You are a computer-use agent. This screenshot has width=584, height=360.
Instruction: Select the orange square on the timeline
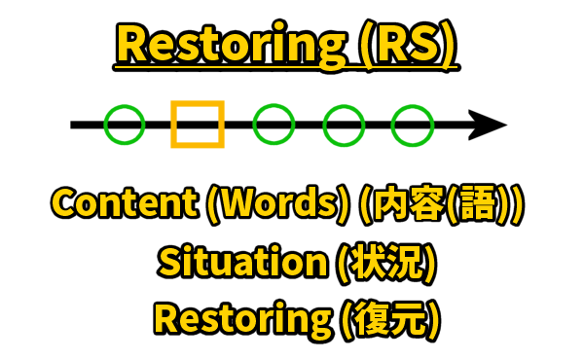pos(198,125)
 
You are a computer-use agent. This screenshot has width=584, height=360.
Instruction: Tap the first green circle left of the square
pos(125,125)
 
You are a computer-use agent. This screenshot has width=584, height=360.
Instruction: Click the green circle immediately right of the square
pos(274,125)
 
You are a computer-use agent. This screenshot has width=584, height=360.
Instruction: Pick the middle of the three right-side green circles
pos(344,125)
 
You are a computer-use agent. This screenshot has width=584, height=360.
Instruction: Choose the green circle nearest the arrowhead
pos(412,125)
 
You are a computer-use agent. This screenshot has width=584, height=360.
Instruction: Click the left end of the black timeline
pos(74,125)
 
